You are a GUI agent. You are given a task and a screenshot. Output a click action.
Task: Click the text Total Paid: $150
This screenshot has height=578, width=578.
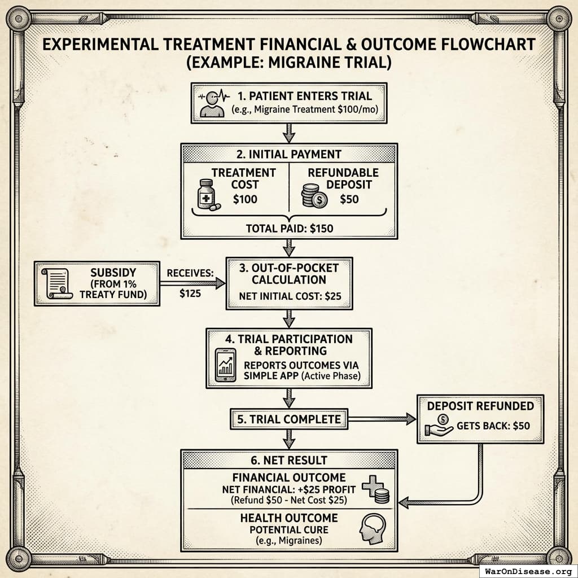point(289,229)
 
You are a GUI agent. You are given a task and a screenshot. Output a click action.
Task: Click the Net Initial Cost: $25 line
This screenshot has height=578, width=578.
point(289,296)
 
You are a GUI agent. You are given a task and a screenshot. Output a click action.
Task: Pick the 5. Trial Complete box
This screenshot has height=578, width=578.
point(288,419)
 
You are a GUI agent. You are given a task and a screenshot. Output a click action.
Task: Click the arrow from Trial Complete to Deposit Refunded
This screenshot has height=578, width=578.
point(382,419)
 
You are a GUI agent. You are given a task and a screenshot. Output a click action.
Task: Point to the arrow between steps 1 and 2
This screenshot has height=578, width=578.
point(289,133)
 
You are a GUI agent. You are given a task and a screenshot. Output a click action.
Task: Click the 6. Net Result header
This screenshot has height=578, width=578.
point(289,460)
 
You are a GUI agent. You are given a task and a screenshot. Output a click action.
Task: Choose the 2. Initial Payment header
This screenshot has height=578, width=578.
point(289,154)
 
